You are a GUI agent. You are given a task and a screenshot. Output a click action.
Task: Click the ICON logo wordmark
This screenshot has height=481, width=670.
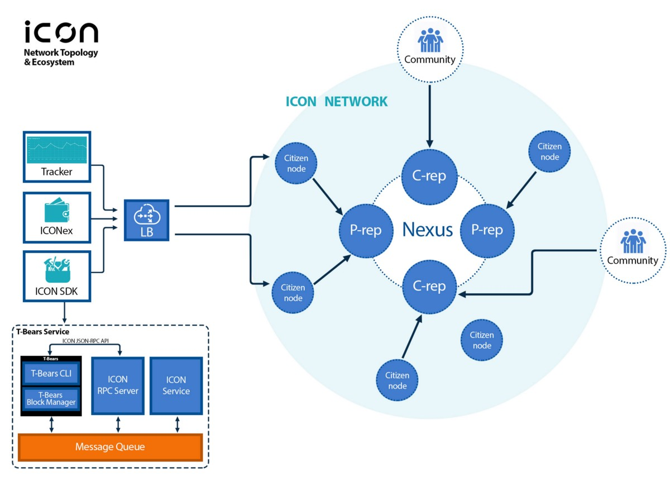61,32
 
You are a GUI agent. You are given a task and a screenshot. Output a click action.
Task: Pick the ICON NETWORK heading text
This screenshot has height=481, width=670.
336,102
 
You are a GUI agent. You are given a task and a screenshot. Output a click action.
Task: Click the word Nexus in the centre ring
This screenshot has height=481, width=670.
428,230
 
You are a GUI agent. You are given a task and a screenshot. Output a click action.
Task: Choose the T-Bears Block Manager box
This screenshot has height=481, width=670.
51,398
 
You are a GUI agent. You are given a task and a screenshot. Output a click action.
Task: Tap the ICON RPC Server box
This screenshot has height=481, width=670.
118,385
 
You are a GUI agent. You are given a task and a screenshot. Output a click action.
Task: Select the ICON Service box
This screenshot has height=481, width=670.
176,385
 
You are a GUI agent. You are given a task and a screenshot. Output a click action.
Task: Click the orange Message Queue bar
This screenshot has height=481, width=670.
110,447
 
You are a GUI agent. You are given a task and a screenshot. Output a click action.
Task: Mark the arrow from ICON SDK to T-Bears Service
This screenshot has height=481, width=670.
65,312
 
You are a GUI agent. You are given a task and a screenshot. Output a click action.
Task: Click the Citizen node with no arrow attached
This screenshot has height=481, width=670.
481,340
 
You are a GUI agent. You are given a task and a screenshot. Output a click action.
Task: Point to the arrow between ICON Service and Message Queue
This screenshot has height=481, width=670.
177,424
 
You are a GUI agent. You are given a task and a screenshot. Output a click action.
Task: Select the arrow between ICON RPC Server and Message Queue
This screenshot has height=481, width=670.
118,424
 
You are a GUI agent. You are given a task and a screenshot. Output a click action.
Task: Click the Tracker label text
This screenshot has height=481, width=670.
57,172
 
